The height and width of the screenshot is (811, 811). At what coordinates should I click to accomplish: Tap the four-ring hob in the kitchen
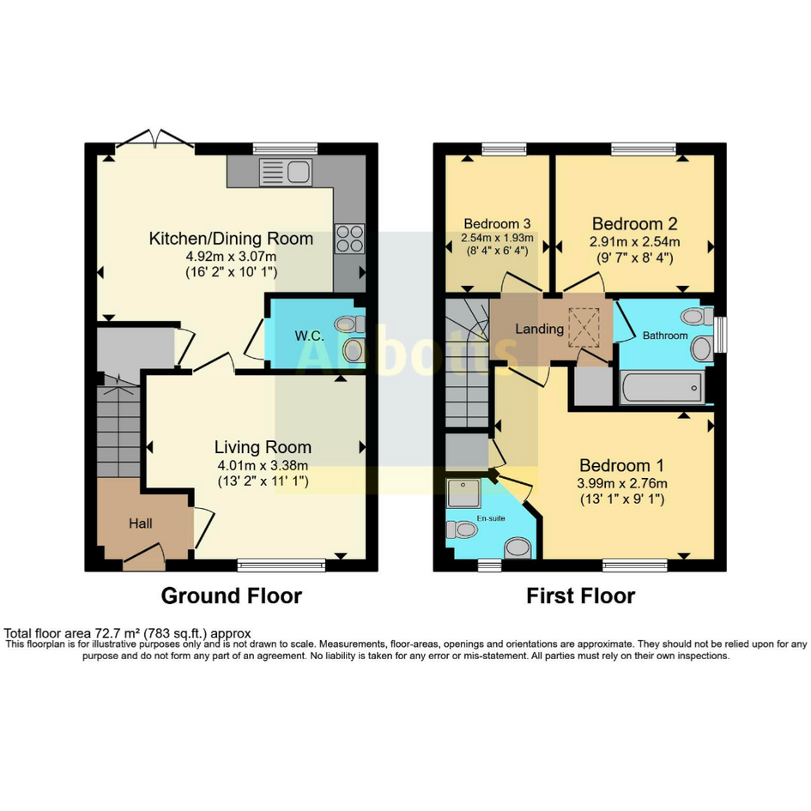click(x=349, y=239)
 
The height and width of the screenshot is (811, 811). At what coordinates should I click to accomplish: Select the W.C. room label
click(x=310, y=336)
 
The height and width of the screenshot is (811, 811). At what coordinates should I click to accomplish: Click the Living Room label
click(x=263, y=447)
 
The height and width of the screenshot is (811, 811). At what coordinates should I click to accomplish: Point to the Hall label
click(x=140, y=524)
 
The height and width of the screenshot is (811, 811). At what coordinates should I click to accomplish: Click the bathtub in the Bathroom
click(x=662, y=387)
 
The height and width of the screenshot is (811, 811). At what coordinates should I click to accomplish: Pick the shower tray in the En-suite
click(x=464, y=493)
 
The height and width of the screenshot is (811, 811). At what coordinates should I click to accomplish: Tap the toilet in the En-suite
click(x=462, y=530)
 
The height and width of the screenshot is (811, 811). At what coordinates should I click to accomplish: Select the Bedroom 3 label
click(x=497, y=224)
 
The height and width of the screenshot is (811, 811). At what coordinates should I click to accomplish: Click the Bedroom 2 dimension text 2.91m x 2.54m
click(x=634, y=241)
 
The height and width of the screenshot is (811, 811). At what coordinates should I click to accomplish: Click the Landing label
click(x=540, y=329)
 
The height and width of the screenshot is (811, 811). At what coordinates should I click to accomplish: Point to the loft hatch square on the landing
click(x=584, y=327)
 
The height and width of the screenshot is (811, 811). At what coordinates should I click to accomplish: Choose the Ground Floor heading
click(x=231, y=596)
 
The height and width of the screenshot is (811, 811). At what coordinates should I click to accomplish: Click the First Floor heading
click(x=580, y=596)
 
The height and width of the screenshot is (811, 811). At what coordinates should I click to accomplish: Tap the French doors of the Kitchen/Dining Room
click(x=154, y=139)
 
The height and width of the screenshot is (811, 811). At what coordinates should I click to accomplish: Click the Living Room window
click(x=281, y=566)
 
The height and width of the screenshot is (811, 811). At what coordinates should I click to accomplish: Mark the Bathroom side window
click(x=720, y=335)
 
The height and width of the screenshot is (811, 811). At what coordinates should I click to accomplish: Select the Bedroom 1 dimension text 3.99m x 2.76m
click(x=621, y=484)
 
